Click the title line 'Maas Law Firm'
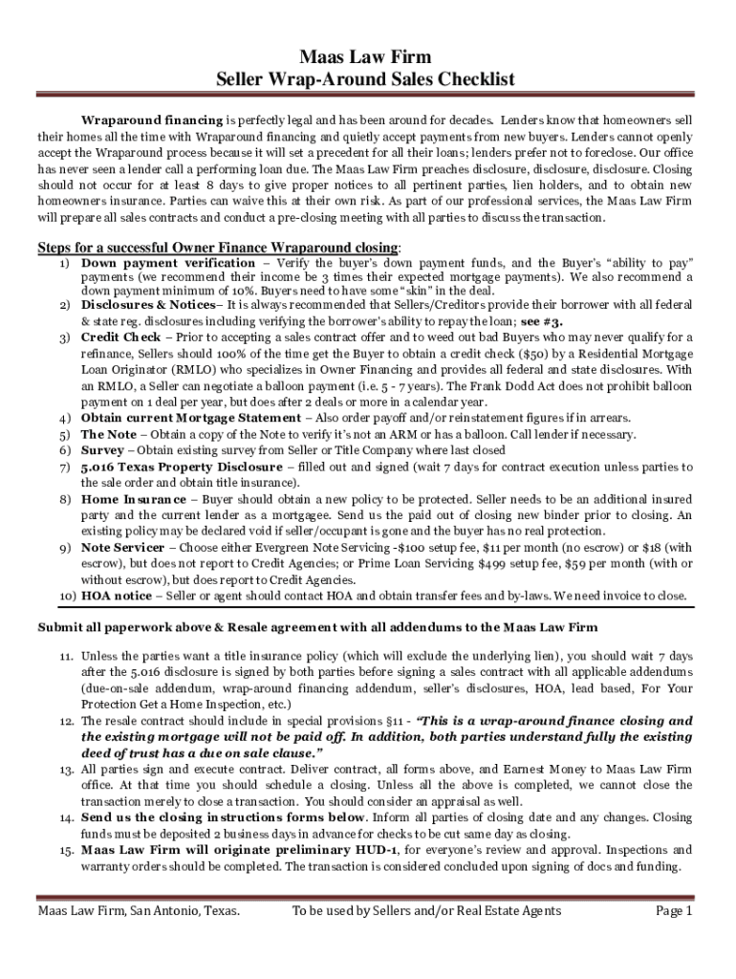tap(367, 58)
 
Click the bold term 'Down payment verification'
tap(168, 263)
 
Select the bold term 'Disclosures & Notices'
tap(148, 305)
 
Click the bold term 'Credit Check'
tap(121, 337)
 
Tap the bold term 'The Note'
tap(109, 434)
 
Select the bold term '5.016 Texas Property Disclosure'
tap(181, 467)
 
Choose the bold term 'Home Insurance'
tap(134, 499)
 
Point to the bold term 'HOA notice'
tap(117, 596)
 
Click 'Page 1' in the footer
tap(674, 912)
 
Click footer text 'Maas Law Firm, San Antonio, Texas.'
tap(138, 912)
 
